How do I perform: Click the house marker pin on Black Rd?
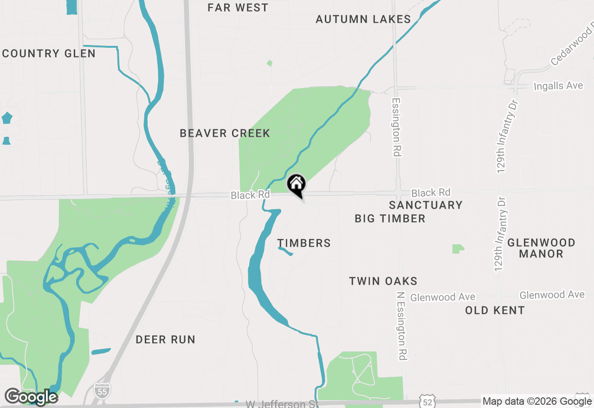(297, 184)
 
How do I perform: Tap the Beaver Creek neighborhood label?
(225, 134)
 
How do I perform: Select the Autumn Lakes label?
(363, 19)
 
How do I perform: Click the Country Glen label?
(49, 53)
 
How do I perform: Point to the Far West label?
(238, 7)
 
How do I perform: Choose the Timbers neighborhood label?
(304, 243)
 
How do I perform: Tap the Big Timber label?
(390, 218)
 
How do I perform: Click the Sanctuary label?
(426, 205)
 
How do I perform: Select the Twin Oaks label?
(383, 281)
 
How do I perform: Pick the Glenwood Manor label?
(541, 248)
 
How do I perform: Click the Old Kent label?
(495, 310)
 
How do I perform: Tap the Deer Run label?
(165, 339)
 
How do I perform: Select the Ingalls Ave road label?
(558, 86)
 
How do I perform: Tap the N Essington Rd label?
(402, 325)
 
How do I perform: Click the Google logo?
(31, 397)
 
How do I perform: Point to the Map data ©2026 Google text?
(537, 402)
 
